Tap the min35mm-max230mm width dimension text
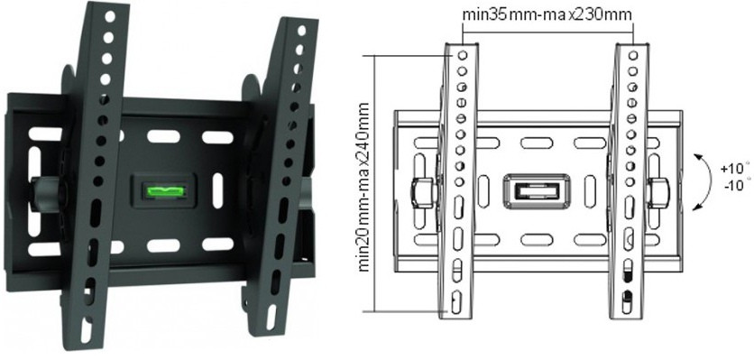pyautogui.click(x=547, y=14)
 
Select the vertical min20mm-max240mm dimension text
pyautogui.click(x=364, y=186)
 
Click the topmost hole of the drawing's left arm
pyautogui.click(x=462, y=55)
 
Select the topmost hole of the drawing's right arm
pyautogui.click(x=633, y=55)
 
